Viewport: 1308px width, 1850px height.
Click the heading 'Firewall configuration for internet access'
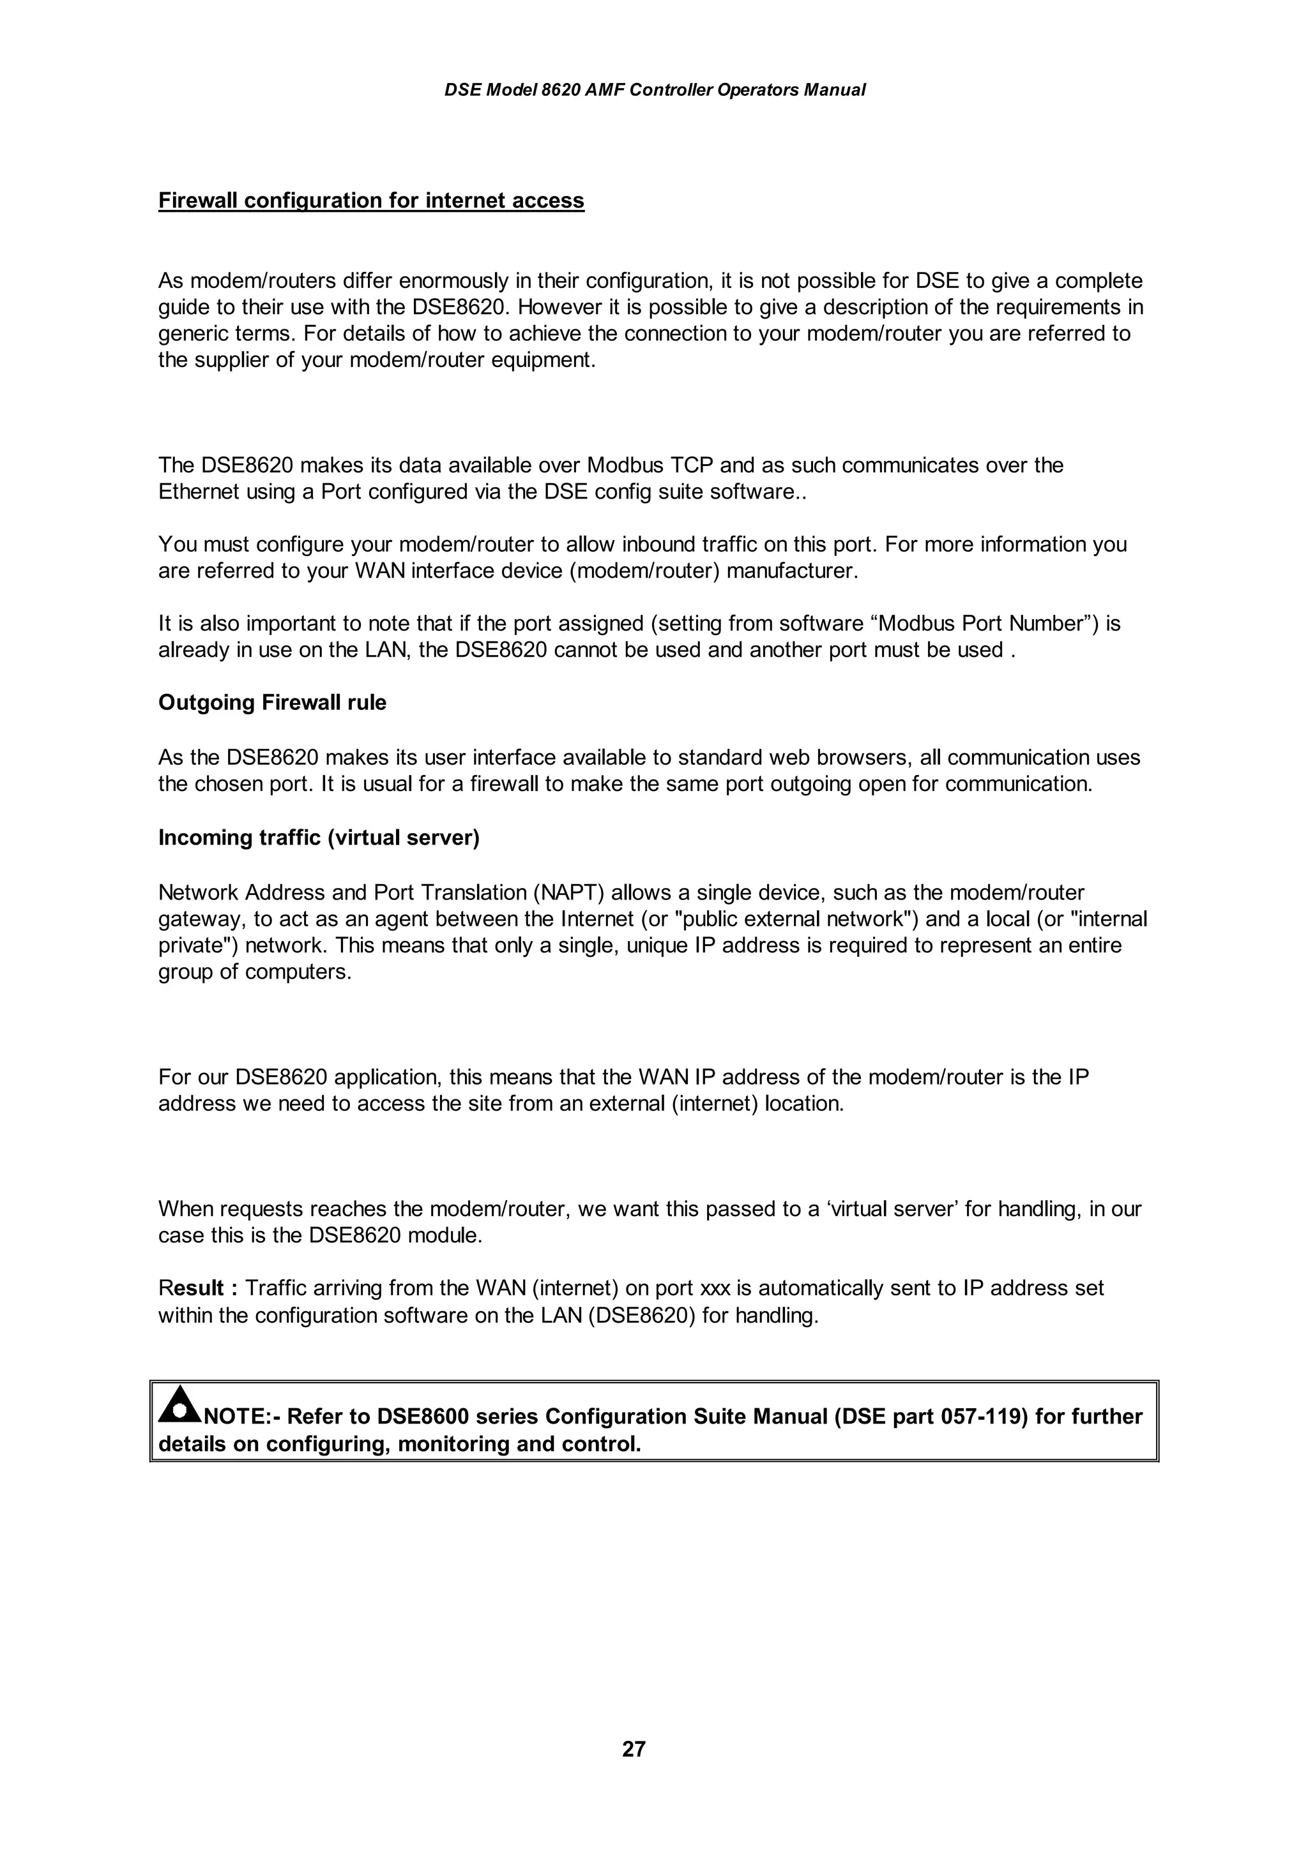pyautogui.click(x=370, y=200)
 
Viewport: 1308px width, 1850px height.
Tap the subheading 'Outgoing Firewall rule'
pyautogui.click(x=273, y=703)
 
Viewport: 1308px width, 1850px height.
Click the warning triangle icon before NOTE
pyautogui.click(x=179, y=1404)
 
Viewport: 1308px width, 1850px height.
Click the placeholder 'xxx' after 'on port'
pyautogui.click(x=717, y=1288)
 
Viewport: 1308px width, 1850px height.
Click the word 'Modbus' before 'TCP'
pyautogui.click(x=625, y=466)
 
